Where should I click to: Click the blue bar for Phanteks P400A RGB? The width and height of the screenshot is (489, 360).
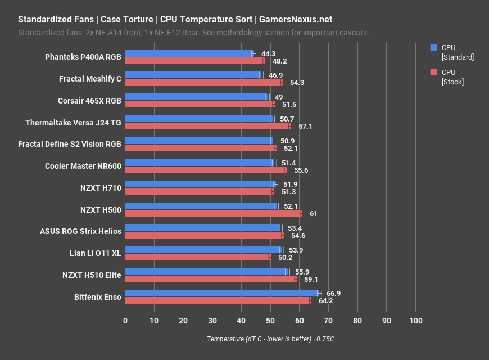[189, 53]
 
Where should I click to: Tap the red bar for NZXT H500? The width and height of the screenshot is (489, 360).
[213, 213]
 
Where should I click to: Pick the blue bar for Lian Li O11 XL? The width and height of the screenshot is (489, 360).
[203, 250]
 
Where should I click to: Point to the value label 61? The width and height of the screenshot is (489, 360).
[314, 214]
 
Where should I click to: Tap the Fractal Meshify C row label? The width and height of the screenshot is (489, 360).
[90, 79]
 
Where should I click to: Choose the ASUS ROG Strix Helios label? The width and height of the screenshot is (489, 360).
[80, 231]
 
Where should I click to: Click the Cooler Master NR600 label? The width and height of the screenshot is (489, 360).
[83, 166]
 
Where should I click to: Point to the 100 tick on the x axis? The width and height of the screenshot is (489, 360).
[415, 321]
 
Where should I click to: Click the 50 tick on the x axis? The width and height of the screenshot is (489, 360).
[270, 321]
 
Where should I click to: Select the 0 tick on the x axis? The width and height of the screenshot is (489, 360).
[125, 321]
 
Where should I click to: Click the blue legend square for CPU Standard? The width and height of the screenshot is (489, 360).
[433, 48]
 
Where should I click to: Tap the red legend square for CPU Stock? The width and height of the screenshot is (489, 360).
[433, 72]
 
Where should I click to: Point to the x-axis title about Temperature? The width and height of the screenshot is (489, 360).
[270, 339]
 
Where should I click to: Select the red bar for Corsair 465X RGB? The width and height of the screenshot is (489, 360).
[200, 104]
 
